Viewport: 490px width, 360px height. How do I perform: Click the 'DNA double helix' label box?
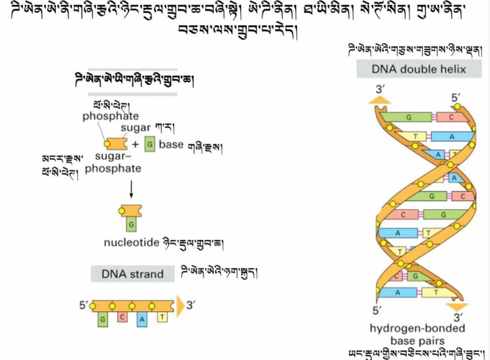tap(419, 69)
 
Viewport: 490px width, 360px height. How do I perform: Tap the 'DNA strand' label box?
tap(133, 274)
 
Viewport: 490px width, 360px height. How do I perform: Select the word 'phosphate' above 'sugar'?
tap(111, 116)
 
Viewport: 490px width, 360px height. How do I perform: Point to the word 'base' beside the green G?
tap(171, 144)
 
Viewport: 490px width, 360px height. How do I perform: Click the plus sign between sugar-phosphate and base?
tap(135, 144)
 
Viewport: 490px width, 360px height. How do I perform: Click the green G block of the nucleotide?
tap(131, 224)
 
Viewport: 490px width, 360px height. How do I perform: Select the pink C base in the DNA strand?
tap(122, 316)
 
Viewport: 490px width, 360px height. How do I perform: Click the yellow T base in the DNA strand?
tap(162, 316)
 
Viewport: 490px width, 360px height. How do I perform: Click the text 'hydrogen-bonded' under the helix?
tap(417, 328)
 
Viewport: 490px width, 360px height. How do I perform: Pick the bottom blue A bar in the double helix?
tap(397, 293)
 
